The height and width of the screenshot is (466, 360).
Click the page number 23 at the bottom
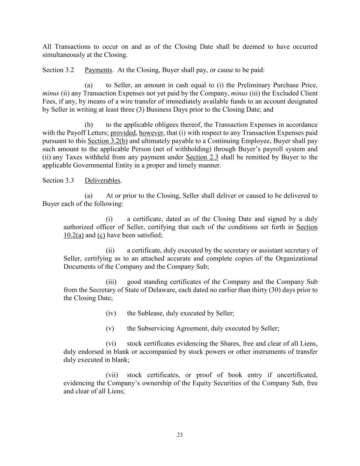[180, 435]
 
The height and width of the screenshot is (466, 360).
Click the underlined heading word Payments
[98, 70]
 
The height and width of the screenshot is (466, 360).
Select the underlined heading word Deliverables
[102, 180]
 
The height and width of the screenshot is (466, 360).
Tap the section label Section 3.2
[58, 70]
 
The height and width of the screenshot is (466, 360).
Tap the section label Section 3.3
[58, 180]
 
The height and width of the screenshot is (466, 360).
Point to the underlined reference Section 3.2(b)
[107, 141]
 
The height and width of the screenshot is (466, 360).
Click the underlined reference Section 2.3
[202, 157]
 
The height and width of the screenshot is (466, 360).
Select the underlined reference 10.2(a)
[73, 235]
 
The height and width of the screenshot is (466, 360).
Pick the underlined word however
[152, 133]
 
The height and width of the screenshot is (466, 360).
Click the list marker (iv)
[111, 313]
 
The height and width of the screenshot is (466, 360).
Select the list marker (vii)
[112, 375]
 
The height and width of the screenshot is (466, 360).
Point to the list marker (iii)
[111, 282]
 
